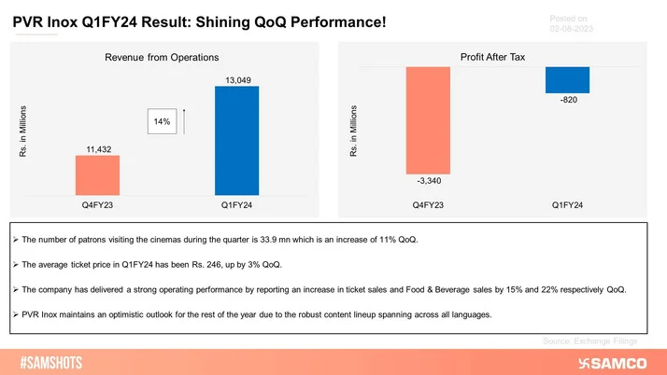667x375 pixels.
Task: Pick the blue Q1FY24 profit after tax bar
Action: click(568, 80)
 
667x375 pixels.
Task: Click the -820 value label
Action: click(568, 102)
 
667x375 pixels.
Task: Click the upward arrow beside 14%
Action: click(184, 121)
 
